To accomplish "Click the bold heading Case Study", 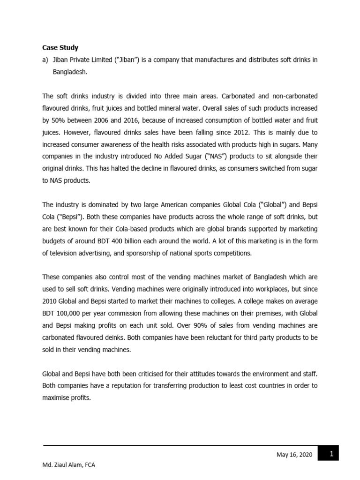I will pos(60,47).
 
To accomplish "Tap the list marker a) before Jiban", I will pos(45,60).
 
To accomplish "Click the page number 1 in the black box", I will pos(331,453).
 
